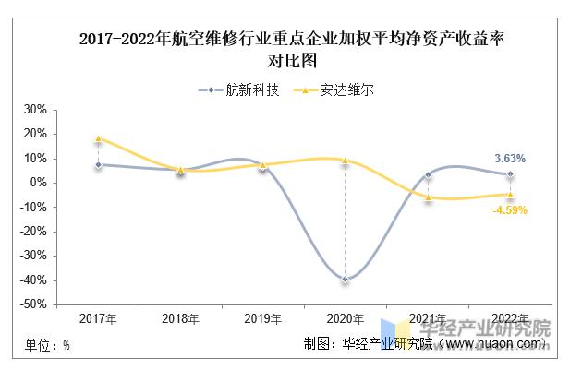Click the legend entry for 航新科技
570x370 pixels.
tap(238, 90)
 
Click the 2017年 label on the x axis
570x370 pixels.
tap(98, 319)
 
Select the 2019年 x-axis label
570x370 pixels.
tap(262, 319)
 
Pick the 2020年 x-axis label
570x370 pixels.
tap(346, 319)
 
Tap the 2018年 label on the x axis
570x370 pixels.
tap(180, 319)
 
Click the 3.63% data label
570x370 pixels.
tap(509, 159)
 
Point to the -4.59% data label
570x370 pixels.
tap(509, 209)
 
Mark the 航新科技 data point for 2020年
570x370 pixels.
tap(346, 279)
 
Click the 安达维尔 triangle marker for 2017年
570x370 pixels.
tap(98, 138)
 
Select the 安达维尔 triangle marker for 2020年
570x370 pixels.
tap(346, 161)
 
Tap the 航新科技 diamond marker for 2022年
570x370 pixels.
tap(510, 173)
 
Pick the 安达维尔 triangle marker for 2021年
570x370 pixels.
tap(428, 197)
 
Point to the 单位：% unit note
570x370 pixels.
tap(47, 345)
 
